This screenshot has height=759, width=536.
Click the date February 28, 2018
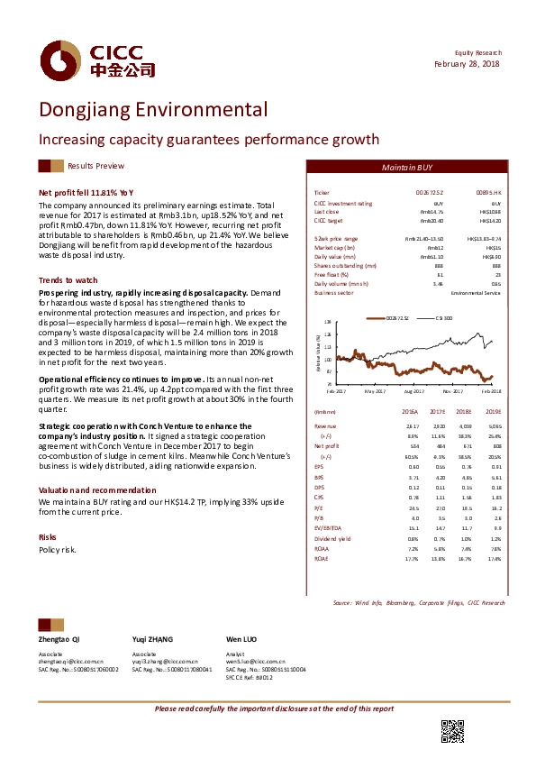click(468, 64)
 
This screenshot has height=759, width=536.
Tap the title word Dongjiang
click(86, 111)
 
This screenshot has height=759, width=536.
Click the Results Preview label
click(95, 167)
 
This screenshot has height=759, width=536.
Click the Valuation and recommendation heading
click(96, 489)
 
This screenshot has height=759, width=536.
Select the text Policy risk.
click(58, 549)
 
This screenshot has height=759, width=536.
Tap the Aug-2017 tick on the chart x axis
click(413, 391)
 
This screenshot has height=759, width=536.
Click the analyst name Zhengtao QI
click(59, 637)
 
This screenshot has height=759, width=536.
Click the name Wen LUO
click(241, 637)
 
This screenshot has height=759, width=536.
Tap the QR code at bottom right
click(452, 732)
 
